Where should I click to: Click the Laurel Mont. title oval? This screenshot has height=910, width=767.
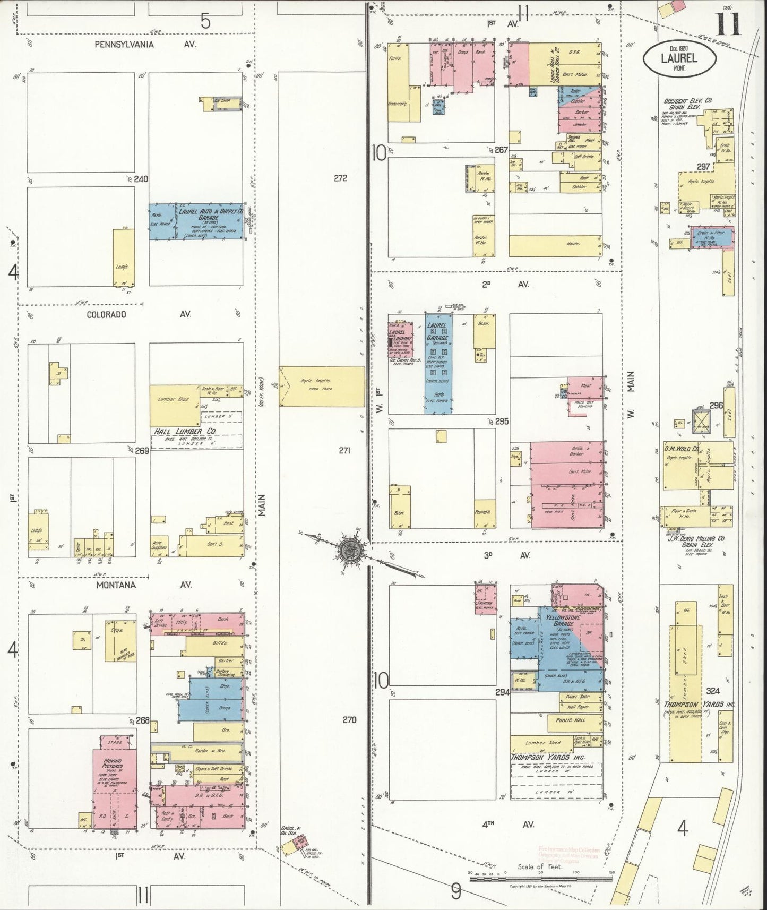pos(679,58)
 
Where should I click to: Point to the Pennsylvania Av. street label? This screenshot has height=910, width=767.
pos(145,45)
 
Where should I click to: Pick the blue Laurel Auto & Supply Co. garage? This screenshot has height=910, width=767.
pos(196,221)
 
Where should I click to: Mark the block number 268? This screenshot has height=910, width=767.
pos(142,721)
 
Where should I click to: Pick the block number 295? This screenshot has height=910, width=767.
pos(502,421)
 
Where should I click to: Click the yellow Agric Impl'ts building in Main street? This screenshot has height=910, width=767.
pos(323,386)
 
